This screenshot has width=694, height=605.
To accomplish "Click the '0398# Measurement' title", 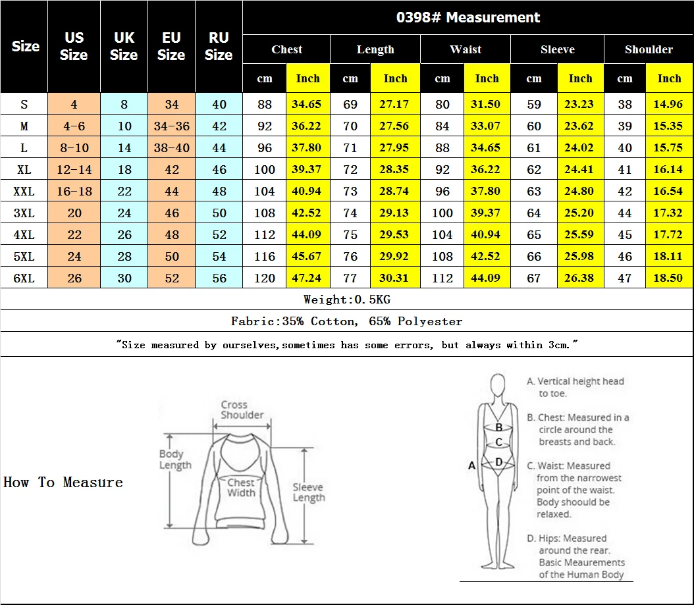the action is pos(468,17).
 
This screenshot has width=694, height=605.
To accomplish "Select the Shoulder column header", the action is pos(649,49).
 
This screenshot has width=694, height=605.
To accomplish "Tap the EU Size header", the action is pos(171,46).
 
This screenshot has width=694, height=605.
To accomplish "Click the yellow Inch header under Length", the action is pos(395,78).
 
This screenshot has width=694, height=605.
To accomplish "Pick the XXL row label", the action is pos(24,191).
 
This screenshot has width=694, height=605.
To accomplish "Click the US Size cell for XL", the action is pos(74,169).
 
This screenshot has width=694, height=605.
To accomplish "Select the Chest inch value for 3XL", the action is pos(306,213).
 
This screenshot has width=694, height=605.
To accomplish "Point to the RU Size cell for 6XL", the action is pos(219,278).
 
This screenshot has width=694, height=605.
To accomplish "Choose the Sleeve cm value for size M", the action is pos(534,126).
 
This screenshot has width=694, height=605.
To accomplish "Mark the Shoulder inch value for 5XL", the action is pos(668,256).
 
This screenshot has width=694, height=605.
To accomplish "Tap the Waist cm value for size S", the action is pos(442,105).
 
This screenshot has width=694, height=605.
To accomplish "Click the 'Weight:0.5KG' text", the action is pos(347,300).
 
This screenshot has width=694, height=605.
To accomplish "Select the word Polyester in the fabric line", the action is pos(430,321).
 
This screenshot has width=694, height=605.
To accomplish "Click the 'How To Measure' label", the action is pos(63,482).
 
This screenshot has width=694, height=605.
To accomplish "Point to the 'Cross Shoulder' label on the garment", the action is pos(242,410).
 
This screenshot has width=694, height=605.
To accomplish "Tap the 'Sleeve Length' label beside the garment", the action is pos(309,492).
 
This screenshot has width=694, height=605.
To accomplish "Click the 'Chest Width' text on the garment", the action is pos(241,487).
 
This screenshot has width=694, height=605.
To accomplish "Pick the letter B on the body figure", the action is pos(499,427).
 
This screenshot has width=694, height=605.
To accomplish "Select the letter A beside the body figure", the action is pos(472,465).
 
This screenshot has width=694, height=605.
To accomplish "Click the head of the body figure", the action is pos(498,385).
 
